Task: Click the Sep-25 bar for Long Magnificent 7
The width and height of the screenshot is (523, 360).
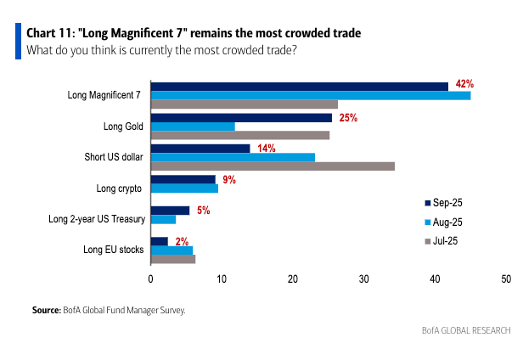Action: click(x=299, y=86)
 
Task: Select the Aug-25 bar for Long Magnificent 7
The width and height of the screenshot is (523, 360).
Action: click(x=310, y=95)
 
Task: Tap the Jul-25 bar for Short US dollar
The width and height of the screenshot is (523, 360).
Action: click(x=273, y=166)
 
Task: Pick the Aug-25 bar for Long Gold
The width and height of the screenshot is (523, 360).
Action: click(x=193, y=127)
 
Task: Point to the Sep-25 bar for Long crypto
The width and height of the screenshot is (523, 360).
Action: click(x=183, y=179)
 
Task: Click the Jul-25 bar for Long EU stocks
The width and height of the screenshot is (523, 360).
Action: click(x=172, y=259)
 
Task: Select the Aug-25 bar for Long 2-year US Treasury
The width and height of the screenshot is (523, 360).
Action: click(x=163, y=219)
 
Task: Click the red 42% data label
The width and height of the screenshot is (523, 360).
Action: click(x=464, y=84)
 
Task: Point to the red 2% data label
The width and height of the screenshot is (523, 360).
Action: click(x=182, y=242)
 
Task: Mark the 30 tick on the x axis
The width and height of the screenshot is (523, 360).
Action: click(x=363, y=279)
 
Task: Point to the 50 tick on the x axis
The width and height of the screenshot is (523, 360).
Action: click(x=506, y=279)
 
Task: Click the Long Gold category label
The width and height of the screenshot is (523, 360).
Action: click(x=124, y=127)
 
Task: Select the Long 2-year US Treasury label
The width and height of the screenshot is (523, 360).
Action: click(x=96, y=219)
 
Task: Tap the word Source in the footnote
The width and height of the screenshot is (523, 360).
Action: click(x=46, y=311)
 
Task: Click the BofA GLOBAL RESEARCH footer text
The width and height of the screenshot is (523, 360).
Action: click(x=466, y=330)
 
